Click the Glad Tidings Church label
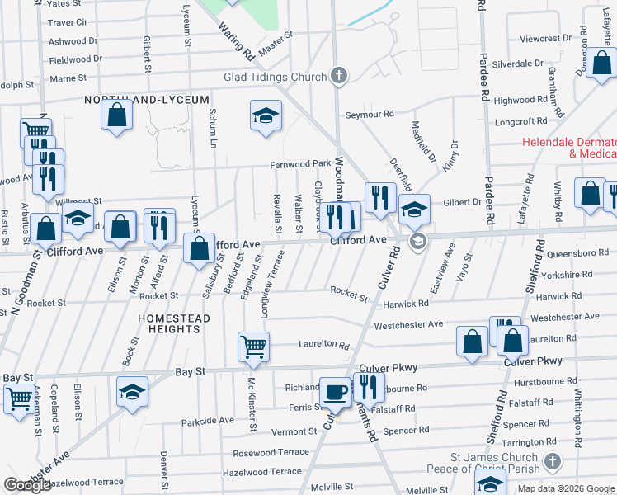[276, 77]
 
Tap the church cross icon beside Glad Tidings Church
[337, 77]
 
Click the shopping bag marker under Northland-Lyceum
[116, 115]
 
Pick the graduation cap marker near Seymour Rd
[266, 115]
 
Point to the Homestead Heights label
[168, 323]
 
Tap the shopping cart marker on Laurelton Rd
[253, 346]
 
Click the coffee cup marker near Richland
[335, 391]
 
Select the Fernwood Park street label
[300, 164]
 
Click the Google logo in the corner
[27, 485]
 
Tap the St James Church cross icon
[553, 463]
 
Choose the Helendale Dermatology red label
[569, 148]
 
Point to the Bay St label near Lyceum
[190, 372]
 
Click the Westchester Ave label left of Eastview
[408, 325]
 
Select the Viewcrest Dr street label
[546, 39]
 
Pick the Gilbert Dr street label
[462, 202]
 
